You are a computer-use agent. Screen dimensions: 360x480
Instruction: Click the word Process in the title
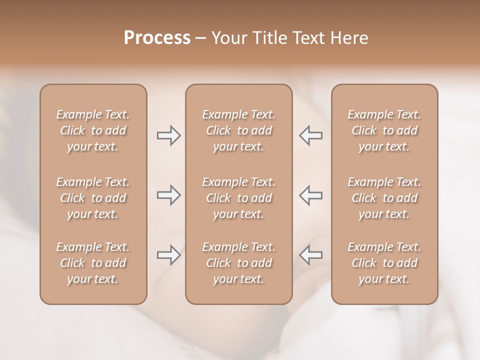click(157, 38)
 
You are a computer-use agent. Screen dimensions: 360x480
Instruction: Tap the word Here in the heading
click(350, 38)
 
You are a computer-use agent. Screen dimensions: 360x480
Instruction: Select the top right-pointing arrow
click(168, 135)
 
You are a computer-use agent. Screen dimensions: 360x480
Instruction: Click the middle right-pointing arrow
click(168, 195)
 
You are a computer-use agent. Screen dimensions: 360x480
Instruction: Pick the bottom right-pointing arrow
click(168, 255)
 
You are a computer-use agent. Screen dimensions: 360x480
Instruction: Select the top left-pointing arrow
click(311, 135)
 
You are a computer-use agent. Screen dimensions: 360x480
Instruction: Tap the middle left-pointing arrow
click(311, 195)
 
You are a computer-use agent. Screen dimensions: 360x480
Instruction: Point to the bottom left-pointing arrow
click(311, 255)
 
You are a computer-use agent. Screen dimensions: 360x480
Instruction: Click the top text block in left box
click(93, 130)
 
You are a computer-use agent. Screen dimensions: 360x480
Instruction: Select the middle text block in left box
click(93, 198)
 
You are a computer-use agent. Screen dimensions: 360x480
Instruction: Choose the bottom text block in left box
click(93, 263)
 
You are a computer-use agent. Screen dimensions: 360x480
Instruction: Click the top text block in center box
click(238, 130)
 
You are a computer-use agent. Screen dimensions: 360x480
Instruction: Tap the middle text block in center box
click(238, 198)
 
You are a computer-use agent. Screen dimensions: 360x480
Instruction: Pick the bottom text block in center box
click(238, 263)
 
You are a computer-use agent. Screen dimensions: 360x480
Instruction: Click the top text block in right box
click(384, 130)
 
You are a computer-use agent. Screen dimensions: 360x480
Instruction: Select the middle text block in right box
click(384, 198)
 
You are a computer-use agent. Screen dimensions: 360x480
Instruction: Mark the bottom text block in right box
click(384, 263)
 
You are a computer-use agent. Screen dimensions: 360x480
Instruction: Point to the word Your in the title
click(229, 38)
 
